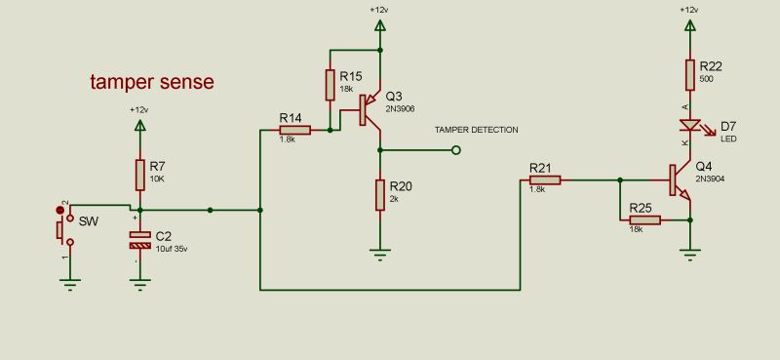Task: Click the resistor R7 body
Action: (141, 176)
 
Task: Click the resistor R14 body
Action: (294, 130)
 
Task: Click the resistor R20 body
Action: (381, 195)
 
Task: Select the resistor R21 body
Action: (545, 180)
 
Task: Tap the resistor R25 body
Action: (644, 220)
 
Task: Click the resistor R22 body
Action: (690, 74)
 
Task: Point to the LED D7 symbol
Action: (690, 125)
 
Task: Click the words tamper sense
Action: (151, 82)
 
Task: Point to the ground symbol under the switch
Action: (69, 282)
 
